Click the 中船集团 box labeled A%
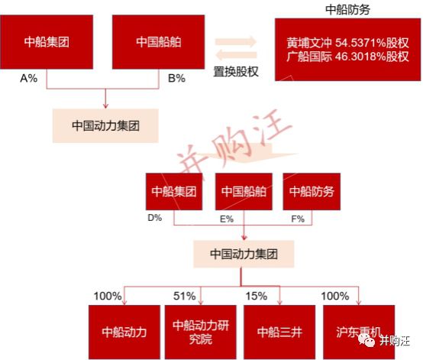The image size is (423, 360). pyautogui.click(x=47, y=42)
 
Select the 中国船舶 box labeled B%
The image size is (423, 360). pyautogui.click(x=158, y=42)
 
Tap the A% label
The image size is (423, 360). pyautogui.click(x=28, y=78)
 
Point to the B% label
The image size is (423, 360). pyautogui.click(x=176, y=78)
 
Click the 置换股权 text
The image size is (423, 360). pyautogui.click(x=236, y=72)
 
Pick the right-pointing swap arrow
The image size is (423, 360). pyautogui.click(x=236, y=42)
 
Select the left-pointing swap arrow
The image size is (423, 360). pyautogui.click(x=236, y=55)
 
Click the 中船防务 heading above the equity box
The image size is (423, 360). pyautogui.click(x=347, y=10)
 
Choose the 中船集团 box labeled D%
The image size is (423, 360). pyautogui.click(x=174, y=192)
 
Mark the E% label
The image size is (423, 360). pyautogui.click(x=227, y=219)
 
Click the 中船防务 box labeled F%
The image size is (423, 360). pyautogui.click(x=312, y=192)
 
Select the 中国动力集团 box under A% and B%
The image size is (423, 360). pyautogui.click(x=105, y=125)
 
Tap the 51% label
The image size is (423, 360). pyautogui.click(x=185, y=296)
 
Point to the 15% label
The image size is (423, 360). pyautogui.click(x=257, y=296)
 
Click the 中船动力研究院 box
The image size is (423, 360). pyautogui.click(x=201, y=332)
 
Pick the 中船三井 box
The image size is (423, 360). pyautogui.click(x=279, y=332)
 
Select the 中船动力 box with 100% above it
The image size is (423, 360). pyautogui.click(x=124, y=332)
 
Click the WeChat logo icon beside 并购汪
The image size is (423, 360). pyautogui.click(x=367, y=340)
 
